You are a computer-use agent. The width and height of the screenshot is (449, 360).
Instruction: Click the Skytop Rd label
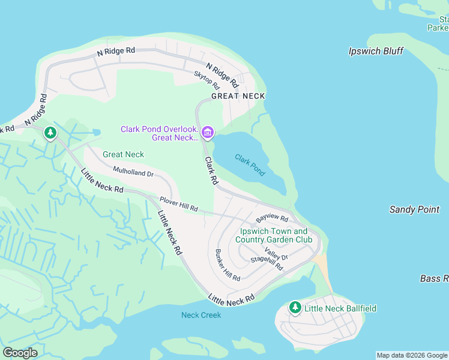point(206,82)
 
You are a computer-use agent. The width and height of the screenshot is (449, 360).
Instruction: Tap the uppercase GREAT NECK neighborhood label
point(238,96)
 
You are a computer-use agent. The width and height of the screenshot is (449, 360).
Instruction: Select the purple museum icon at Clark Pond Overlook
point(208,132)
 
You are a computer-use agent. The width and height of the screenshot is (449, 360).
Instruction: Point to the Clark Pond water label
point(250,165)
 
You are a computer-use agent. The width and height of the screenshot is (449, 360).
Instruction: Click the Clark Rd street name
point(211,170)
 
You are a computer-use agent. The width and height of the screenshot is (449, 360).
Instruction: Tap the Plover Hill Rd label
point(179,203)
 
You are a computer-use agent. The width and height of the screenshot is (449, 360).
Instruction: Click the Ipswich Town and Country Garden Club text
point(274,235)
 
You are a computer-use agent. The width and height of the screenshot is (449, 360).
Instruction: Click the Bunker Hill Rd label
point(228,265)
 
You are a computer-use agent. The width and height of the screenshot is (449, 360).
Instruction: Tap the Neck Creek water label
point(201,315)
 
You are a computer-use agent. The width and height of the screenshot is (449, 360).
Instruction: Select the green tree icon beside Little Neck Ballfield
point(295,308)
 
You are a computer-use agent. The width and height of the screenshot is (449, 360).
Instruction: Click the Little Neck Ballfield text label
point(340,308)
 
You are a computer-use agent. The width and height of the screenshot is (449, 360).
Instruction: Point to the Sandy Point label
point(414,209)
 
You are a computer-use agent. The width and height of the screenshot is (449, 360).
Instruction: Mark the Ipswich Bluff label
point(376,51)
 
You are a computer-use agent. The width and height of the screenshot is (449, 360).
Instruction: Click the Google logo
point(20,353)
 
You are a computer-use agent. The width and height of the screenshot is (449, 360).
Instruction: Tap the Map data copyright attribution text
point(412,355)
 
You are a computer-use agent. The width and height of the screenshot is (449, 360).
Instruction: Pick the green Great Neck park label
point(123,154)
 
